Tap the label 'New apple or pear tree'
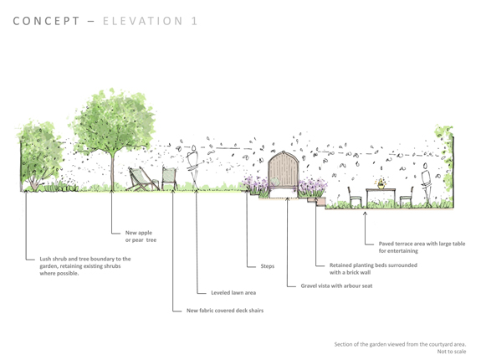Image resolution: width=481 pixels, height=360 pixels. [x=141, y=236]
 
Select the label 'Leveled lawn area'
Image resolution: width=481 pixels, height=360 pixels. [x=233, y=293]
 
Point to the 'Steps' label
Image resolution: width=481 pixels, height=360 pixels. [x=268, y=266]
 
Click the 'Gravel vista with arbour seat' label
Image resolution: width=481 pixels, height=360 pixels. [x=336, y=285]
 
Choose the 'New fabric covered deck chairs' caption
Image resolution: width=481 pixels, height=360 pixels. [x=225, y=311]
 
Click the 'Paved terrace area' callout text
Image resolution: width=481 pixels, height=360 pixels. [x=422, y=246]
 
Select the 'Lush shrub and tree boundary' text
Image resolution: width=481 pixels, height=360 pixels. [x=84, y=266]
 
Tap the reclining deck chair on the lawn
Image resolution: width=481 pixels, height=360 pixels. [x=141, y=179]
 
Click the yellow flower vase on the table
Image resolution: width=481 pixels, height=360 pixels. [x=381, y=183]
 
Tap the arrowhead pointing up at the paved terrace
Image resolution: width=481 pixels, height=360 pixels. [x=365, y=213]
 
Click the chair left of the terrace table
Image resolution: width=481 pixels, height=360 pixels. [x=355, y=194]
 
